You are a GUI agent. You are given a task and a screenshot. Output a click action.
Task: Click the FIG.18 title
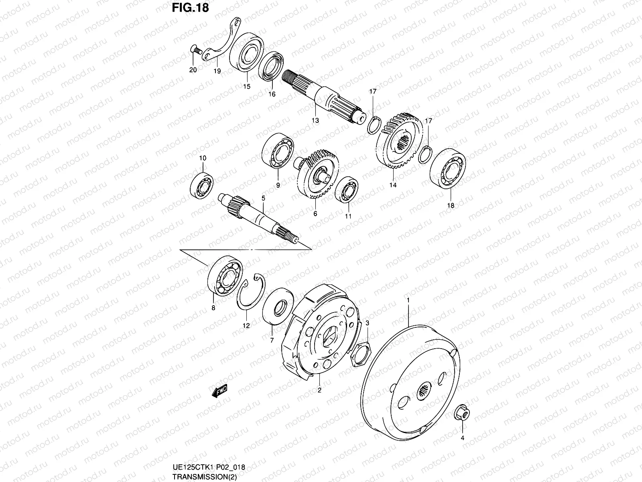tap(190, 8)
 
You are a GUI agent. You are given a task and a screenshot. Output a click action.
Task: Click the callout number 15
tap(246, 87)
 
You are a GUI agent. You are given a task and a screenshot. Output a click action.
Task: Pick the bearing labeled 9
tap(278, 153)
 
